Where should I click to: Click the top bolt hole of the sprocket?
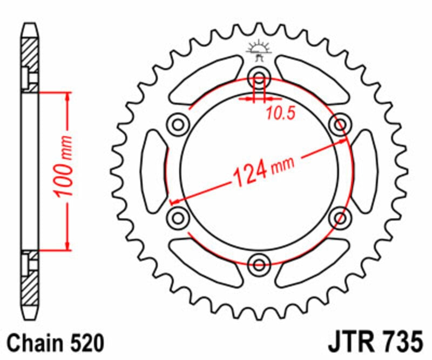point(259,78)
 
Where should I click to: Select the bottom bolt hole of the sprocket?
point(259,264)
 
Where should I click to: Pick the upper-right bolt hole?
point(340,125)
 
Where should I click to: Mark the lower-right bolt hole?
point(340,217)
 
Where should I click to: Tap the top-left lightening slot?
point(202,81)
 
